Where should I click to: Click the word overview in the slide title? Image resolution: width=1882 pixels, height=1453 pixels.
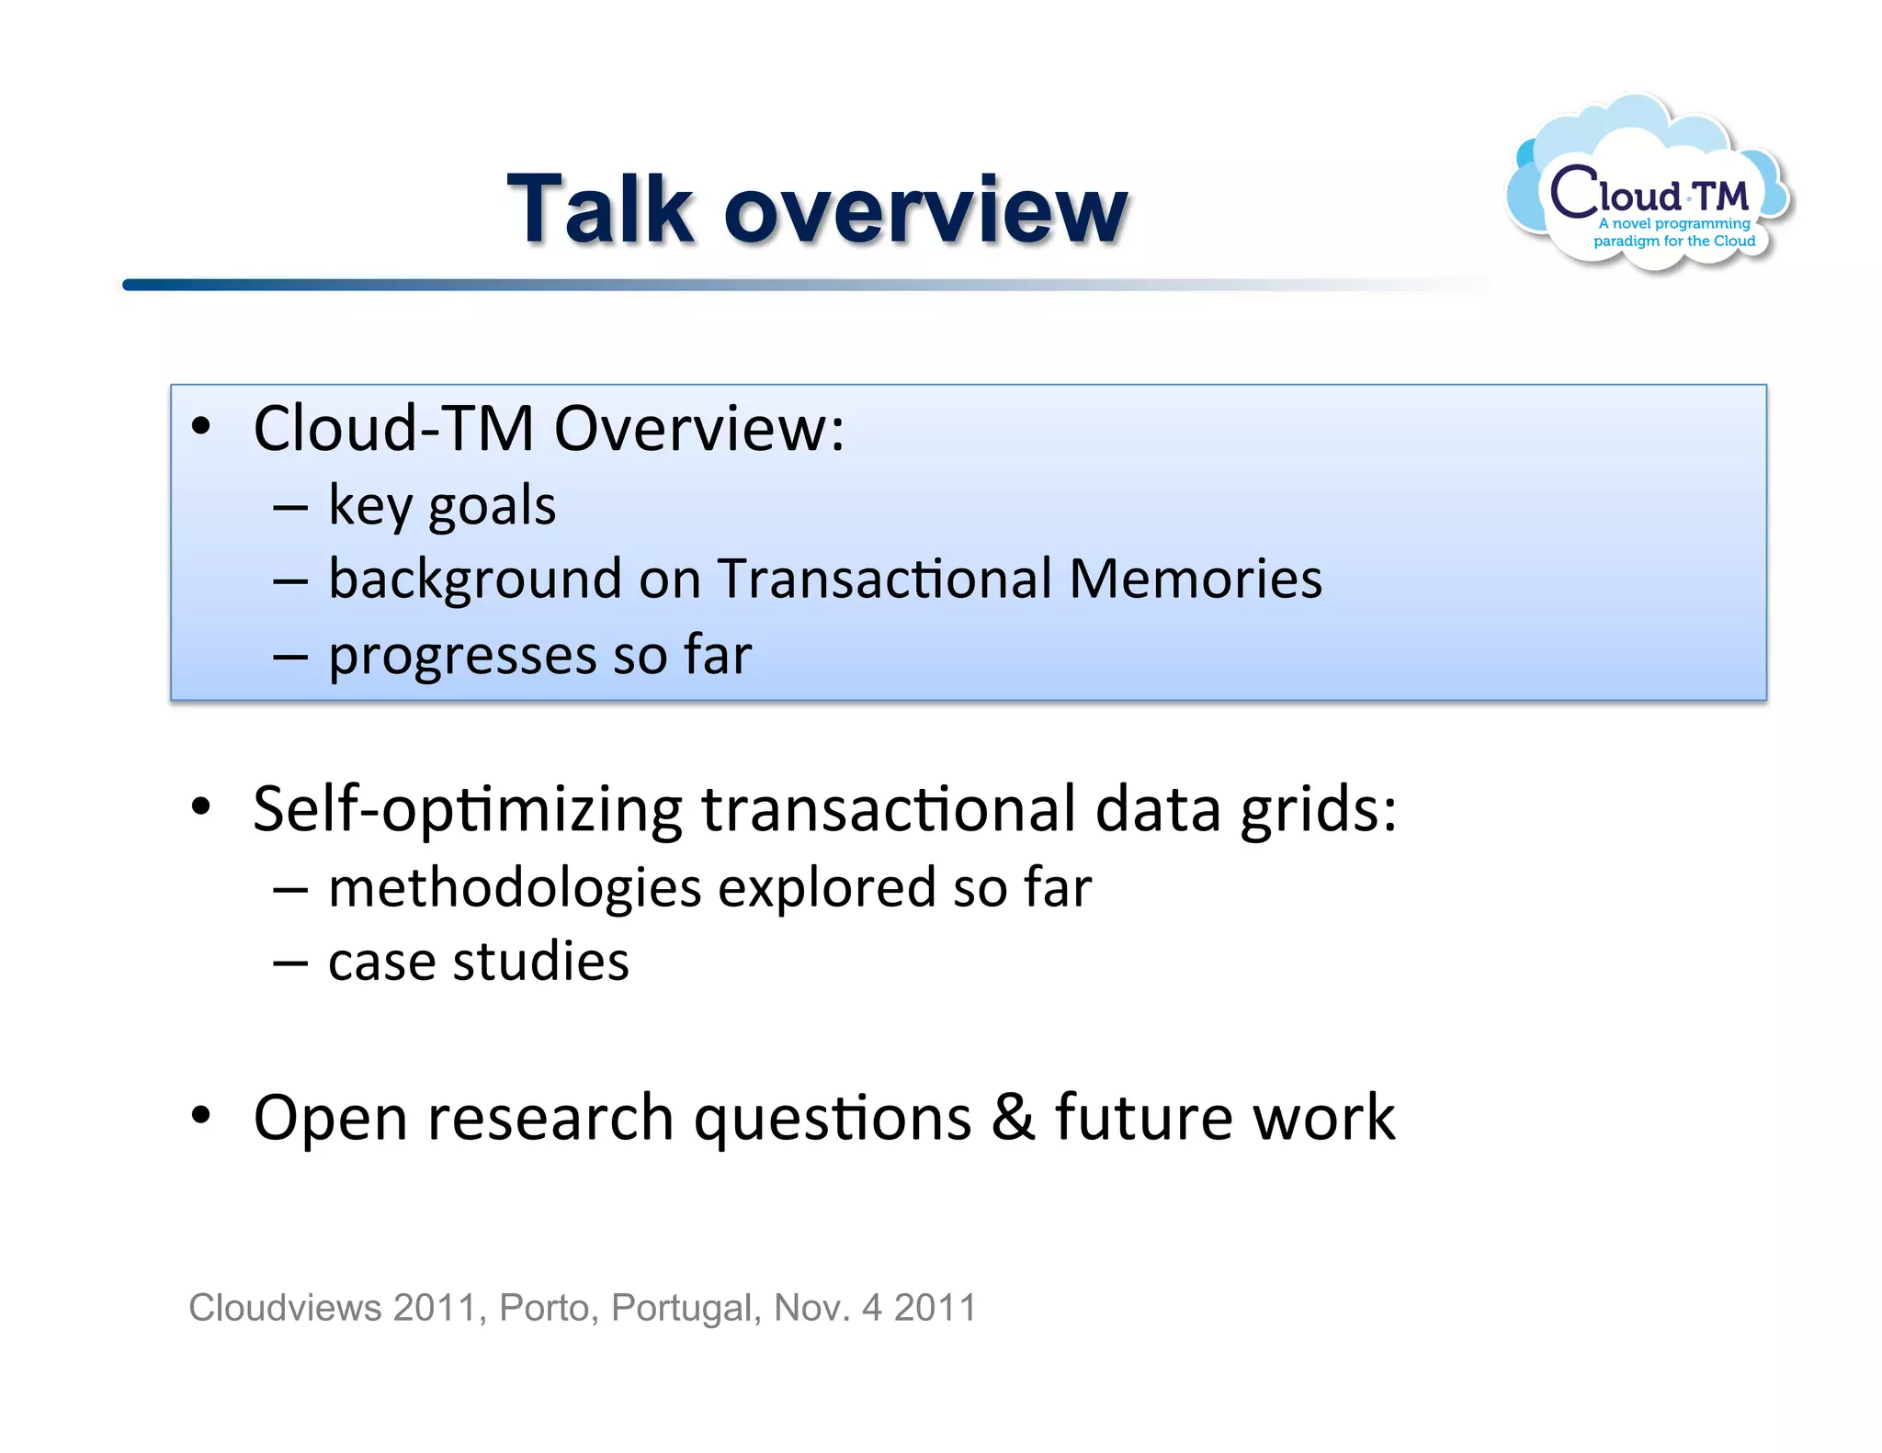pos(925,213)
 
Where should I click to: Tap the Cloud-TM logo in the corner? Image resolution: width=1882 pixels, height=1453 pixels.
pos(1650,188)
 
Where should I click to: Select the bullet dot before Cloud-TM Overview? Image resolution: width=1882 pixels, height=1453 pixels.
pos(201,427)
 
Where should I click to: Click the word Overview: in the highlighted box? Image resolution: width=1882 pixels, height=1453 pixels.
pos(698,429)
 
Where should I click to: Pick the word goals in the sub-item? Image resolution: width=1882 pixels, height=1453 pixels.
pos(492,507)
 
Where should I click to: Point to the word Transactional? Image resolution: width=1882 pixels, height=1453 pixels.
pos(884,580)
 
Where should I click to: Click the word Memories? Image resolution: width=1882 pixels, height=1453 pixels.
pos(1196,580)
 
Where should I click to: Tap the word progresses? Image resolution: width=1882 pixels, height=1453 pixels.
pos(460,657)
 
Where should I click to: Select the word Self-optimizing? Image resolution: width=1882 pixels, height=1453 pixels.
pos(467,810)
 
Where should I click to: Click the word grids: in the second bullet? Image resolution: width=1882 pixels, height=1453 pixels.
pos(1318,810)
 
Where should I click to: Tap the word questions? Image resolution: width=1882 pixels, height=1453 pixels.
pos(833,1119)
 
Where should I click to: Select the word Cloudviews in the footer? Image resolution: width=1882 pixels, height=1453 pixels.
pos(285,1308)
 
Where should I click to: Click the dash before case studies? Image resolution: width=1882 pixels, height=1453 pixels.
pos(290,963)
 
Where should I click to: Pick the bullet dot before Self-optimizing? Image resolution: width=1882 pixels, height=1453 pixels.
pos(201,807)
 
